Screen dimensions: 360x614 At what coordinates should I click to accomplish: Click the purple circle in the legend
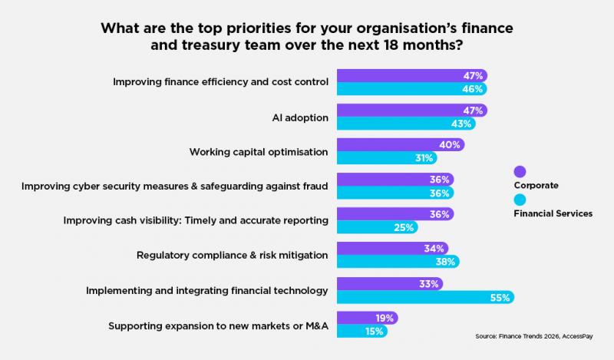coord(520,171)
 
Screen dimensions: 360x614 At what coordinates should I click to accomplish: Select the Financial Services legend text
coord(553,214)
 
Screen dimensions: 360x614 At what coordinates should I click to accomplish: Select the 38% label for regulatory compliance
coord(446,262)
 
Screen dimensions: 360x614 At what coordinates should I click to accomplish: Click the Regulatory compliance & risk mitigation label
coord(233,255)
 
